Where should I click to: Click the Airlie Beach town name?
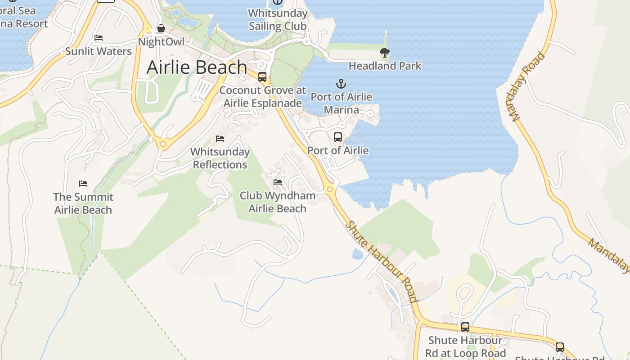pyautogui.click(x=197, y=67)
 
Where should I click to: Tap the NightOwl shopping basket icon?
pyautogui.click(x=161, y=29)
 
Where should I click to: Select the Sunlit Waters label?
pyautogui.click(x=99, y=51)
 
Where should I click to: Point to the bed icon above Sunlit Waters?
pyautogui.click(x=99, y=38)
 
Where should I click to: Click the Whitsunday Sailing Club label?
pyautogui.click(x=278, y=19)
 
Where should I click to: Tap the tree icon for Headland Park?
pyautogui.click(x=384, y=53)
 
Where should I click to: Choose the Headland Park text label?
pyautogui.click(x=385, y=66)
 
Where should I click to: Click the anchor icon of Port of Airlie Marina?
pyautogui.click(x=341, y=84)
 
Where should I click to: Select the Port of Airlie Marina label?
pyautogui.click(x=341, y=103)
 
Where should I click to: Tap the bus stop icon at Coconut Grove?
pyautogui.click(x=262, y=77)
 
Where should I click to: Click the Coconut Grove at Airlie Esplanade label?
pyautogui.click(x=263, y=97)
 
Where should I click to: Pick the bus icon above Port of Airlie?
pyautogui.click(x=338, y=137)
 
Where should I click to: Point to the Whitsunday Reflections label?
pyautogui.click(x=220, y=158)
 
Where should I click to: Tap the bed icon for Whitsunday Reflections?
pyautogui.click(x=220, y=139)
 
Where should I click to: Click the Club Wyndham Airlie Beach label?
pyautogui.click(x=277, y=202)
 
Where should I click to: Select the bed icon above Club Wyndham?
pyautogui.click(x=278, y=182)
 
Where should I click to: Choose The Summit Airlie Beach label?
pyautogui.click(x=83, y=203)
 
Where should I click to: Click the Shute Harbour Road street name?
pyautogui.click(x=382, y=261)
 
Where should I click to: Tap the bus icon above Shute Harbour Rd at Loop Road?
pyautogui.click(x=465, y=327)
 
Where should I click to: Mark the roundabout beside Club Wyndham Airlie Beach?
pyautogui.click(x=330, y=189)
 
